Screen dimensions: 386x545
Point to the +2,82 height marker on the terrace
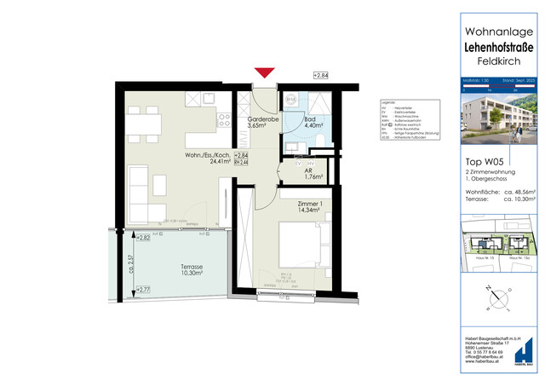(143, 238)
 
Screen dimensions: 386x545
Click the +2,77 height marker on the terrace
(143, 291)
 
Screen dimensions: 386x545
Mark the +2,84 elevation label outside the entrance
(322, 77)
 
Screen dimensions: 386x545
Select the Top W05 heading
(481, 160)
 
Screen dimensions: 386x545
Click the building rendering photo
(497, 118)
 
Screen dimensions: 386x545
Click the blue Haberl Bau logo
(527, 353)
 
